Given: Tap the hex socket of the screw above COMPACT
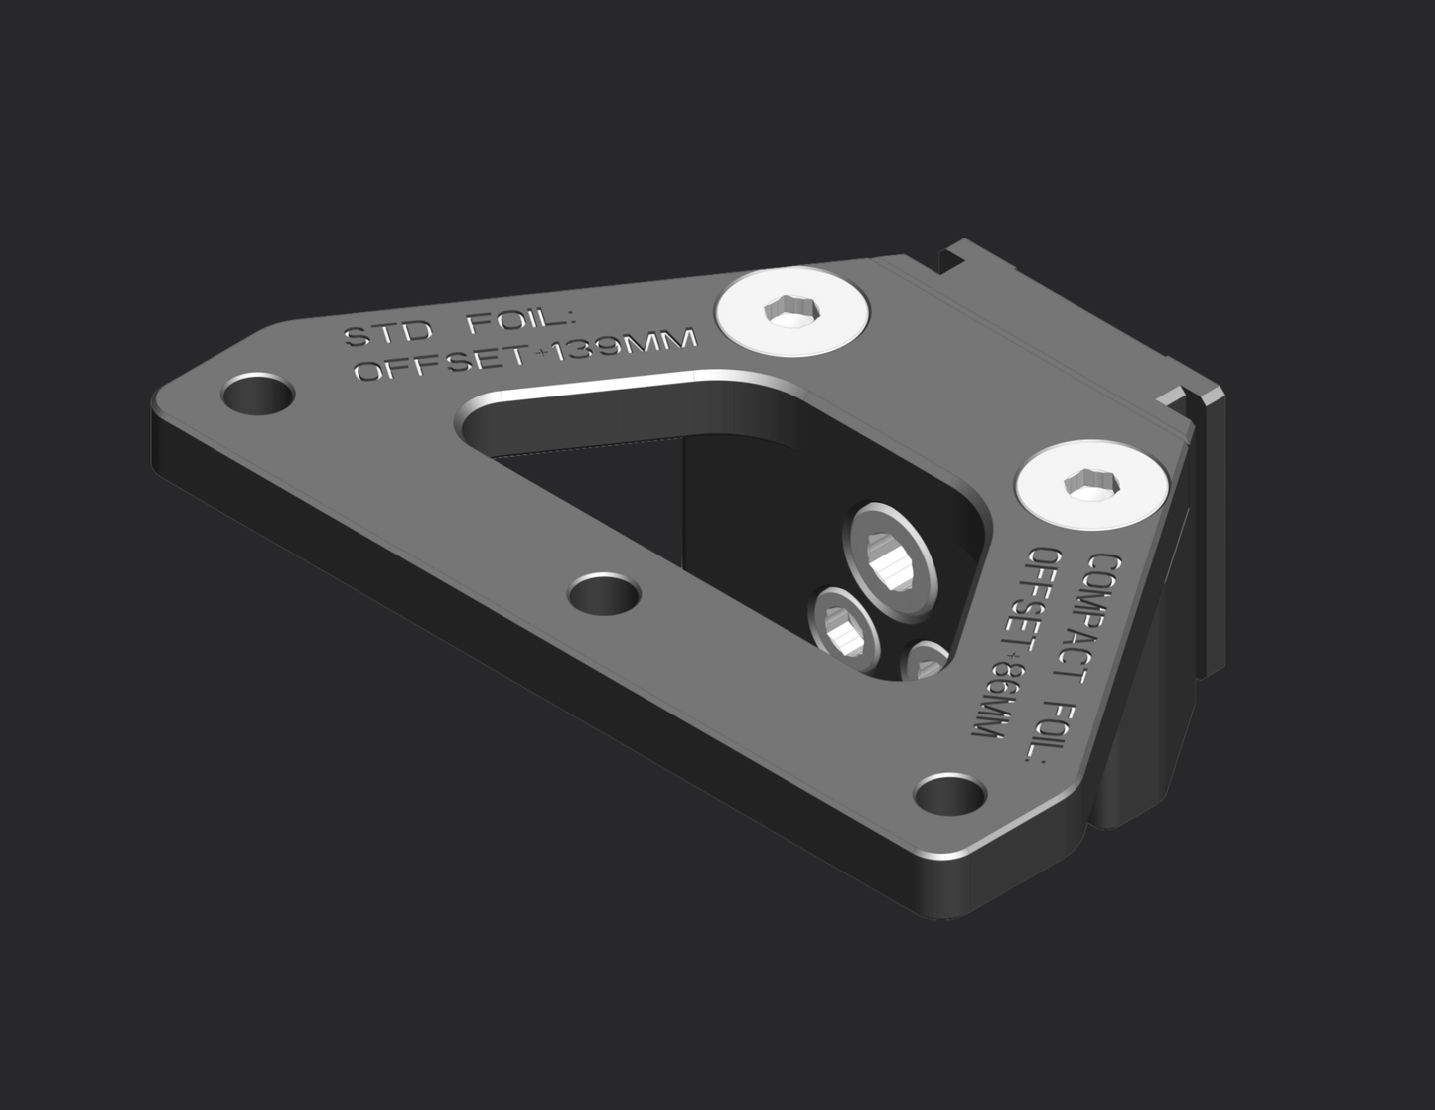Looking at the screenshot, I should point(1090,485).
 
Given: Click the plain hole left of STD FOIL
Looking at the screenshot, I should point(257,395).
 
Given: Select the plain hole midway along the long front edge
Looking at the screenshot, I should point(604,596).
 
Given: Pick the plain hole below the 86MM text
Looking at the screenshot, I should point(949,795).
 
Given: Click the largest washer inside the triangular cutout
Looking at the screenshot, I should point(890,561).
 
